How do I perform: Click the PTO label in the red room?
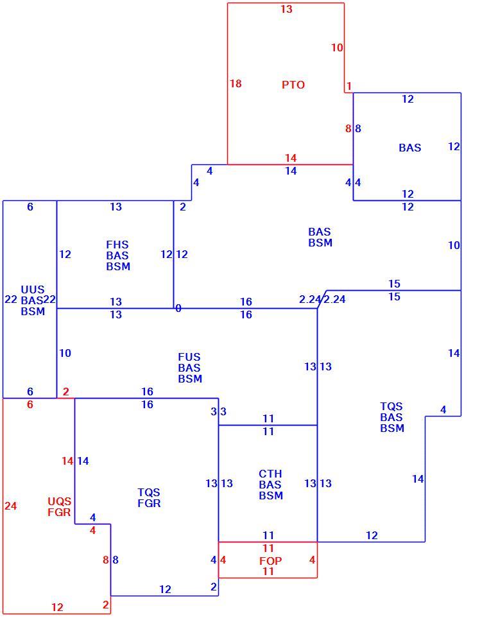coord(293,85)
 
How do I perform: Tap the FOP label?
coord(270,561)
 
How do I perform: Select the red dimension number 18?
coord(236,83)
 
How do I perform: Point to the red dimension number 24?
coord(11,506)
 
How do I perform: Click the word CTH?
coord(270,474)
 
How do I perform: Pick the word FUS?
coord(189,357)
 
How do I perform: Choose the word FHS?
coord(117,245)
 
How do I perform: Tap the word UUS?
coord(33,289)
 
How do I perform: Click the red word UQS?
coord(60,501)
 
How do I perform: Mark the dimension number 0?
coord(178,308)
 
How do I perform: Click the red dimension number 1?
coord(349,86)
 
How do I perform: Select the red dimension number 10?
coord(337,47)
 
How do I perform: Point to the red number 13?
coord(286,9)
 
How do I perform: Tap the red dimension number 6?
coord(30,404)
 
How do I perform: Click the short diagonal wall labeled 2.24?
coord(322,299)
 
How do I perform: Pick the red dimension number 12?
coord(57,607)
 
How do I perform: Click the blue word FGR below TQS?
coord(149,503)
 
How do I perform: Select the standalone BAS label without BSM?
coord(410,148)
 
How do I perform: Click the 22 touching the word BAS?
coord(49,299)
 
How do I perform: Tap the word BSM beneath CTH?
coord(271,495)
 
